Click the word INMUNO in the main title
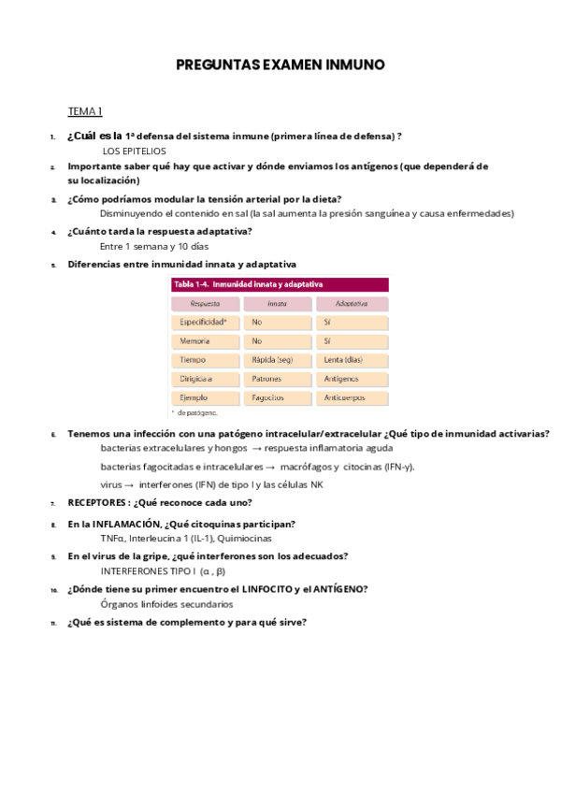[353, 65]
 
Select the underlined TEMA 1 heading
[85, 111]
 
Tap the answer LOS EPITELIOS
[134, 151]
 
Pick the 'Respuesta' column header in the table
[204, 304]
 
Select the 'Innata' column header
[277, 304]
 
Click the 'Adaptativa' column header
[351, 304]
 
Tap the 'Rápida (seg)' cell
[272, 359]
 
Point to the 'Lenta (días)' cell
[342, 359]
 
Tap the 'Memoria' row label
[194, 341]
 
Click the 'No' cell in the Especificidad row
[257, 322]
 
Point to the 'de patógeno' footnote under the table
[196, 411]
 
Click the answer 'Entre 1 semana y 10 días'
[154, 247]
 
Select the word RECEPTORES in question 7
[97, 502]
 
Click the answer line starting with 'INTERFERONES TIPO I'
[164, 570]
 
